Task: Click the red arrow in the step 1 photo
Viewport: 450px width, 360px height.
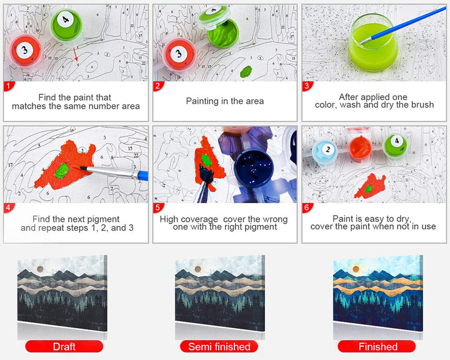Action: click(x=75, y=54)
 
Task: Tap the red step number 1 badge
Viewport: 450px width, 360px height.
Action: click(x=9, y=86)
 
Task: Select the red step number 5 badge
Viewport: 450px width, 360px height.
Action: click(x=158, y=207)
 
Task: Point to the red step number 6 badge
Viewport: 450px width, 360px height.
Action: click(x=307, y=207)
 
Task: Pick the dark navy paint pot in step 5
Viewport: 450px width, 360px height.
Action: click(x=253, y=168)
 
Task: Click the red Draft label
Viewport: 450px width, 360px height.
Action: click(x=64, y=346)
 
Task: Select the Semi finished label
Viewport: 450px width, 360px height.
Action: click(x=219, y=346)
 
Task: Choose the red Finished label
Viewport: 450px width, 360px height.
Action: click(x=377, y=346)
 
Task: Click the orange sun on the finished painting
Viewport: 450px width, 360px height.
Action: click(x=356, y=269)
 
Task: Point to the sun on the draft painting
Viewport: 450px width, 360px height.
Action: click(x=40, y=269)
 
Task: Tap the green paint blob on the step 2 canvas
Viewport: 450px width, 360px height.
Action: click(x=246, y=71)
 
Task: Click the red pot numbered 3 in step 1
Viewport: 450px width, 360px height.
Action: click(x=25, y=51)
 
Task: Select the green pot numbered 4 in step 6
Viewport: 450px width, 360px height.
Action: click(x=396, y=146)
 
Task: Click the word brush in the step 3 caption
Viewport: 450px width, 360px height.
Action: click(x=422, y=105)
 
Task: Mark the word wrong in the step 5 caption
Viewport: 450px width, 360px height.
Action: click(x=272, y=219)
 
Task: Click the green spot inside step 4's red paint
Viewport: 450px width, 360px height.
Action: click(x=62, y=171)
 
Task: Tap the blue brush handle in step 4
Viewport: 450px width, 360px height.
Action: click(x=142, y=176)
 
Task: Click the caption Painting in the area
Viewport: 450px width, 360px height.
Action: click(x=225, y=101)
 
